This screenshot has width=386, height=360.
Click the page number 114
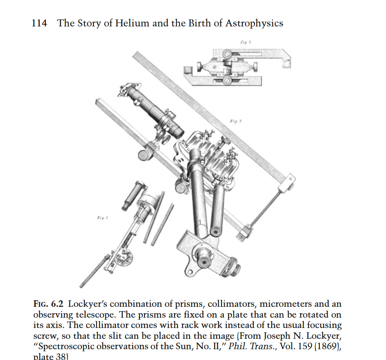point(39,23)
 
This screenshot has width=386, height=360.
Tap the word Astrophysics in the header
point(254,23)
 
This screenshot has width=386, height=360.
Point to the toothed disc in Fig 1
point(126,259)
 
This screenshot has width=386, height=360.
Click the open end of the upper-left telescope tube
point(177,129)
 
